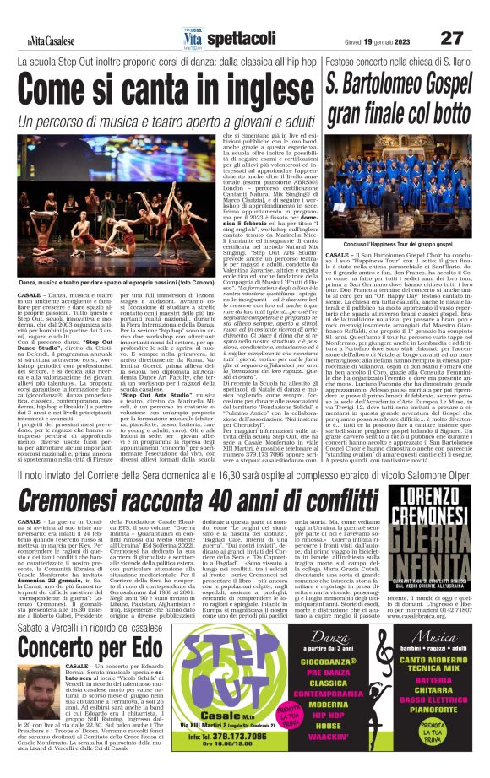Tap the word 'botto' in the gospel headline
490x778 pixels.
click(x=444, y=112)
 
